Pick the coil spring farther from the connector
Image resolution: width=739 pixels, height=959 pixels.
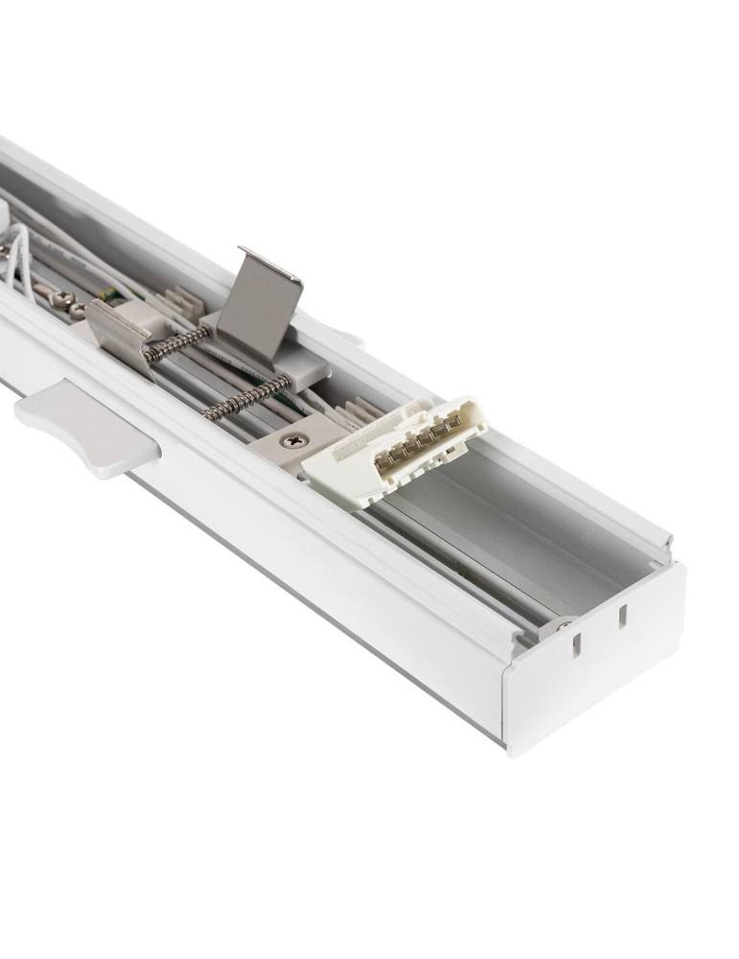tap(176, 342)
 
